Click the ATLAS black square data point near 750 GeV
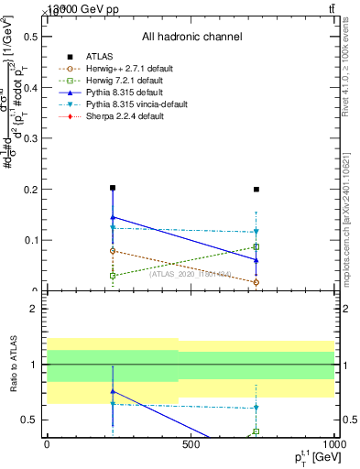pyautogui.click(x=256, y=190)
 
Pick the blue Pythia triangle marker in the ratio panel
pyautogui.click(x=112, y=391)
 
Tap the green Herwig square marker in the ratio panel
pyautogui.click(x=256, y=431)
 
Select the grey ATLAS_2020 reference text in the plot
pyautogui.click(x=189, y=273)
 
